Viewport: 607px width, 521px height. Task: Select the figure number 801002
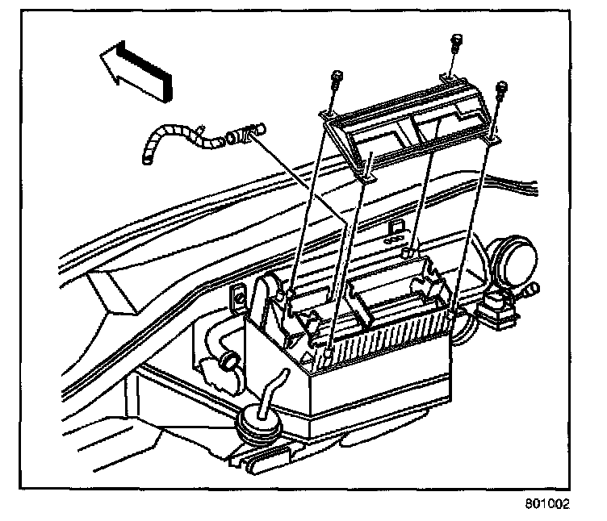click(x=546, y=505)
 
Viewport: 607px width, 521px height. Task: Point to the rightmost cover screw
click(x=501, y=87)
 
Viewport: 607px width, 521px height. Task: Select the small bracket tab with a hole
click(x=240, y=297)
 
